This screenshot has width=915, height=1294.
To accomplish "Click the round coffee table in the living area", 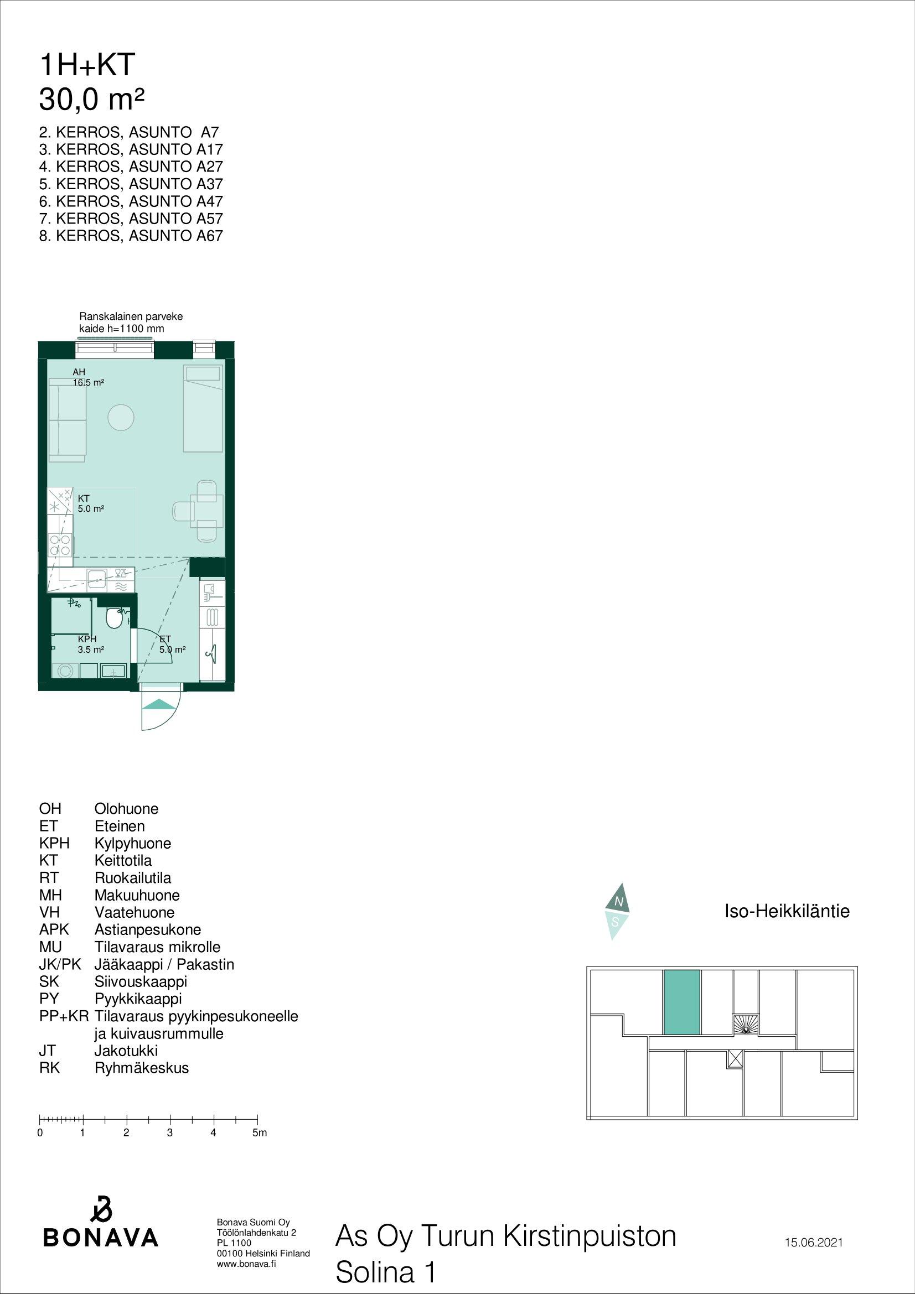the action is (121, 418).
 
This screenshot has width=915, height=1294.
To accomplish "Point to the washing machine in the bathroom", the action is (65, 671).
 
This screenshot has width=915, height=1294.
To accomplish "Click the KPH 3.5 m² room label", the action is (91, 644).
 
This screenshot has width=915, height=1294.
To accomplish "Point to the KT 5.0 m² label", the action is (91, 503).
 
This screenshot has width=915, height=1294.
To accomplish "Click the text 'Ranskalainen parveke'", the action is (131, 317).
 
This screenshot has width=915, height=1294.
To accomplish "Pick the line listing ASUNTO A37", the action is (131, 184).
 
